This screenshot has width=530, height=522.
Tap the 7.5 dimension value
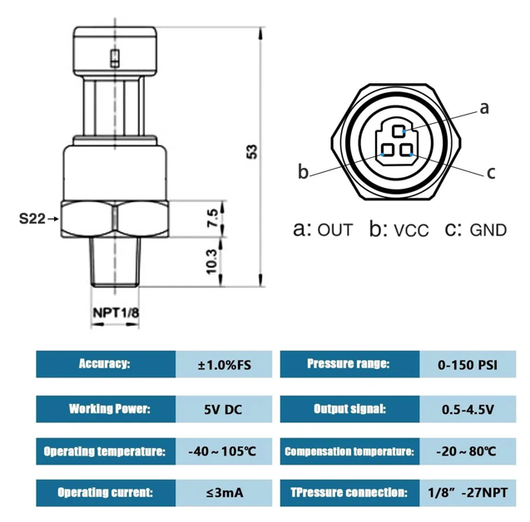click(x=213, y=219)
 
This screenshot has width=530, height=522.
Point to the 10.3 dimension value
click(x=213, y=262)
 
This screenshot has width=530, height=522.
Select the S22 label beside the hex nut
click(x=32, y=219)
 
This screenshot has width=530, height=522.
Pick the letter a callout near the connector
click(x=484, y=108)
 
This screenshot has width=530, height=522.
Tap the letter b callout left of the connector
click(x=304, y=172)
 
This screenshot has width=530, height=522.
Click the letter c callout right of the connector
click(x=491, y=172)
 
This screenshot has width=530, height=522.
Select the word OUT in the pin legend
click(x=336, y=230)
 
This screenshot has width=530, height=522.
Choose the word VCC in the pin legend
click(x=412, y=230)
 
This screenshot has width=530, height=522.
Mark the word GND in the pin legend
click(x=488, y=230)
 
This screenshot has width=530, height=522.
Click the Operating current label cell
click(x=106, y=494)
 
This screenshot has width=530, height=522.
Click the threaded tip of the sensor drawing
click(x=115, y=262)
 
